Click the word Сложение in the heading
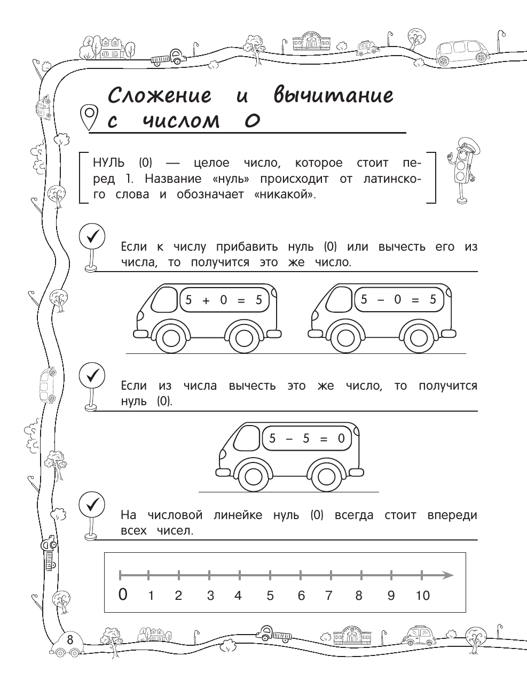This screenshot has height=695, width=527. pyautogui.click(x=160, y=96)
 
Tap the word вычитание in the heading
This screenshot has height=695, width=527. pyautogui.click(x=333, y=95)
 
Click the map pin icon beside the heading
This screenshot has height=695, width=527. pyautogui.click(x=89, y=116)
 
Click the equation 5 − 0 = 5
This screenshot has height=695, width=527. pyautogui.click(x=398, y=299)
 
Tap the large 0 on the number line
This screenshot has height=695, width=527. pyautogui.click(x=123, y=594)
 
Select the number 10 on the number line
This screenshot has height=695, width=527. pyautogui.click(x=422, y=596)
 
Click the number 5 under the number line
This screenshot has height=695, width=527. pyautogui.click(x=270, y=596)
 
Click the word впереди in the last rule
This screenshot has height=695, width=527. pyautogui.click(x=452, y=515)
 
